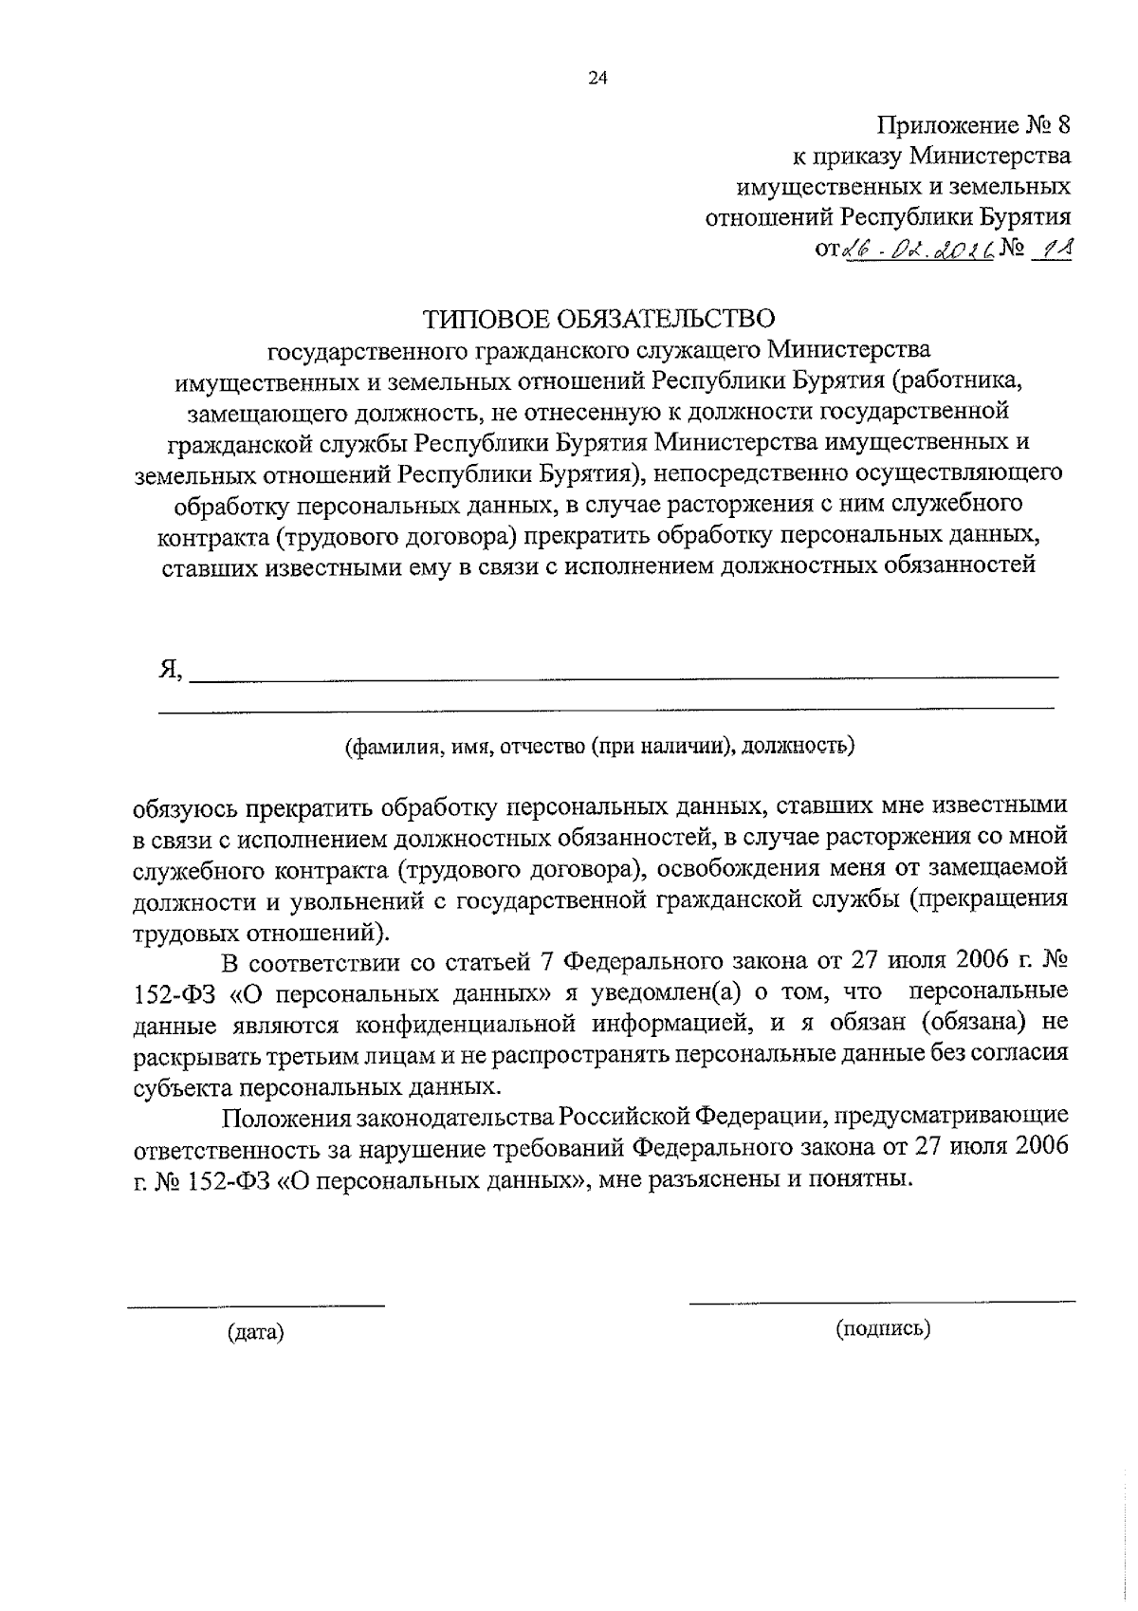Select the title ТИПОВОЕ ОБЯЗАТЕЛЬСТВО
[x=599, y=318]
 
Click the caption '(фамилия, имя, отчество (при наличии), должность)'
[x=599, y=745]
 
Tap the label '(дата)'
[x=256, y=1333]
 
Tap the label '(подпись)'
[x=883, y=1329]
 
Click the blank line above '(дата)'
[x=256, y=1306]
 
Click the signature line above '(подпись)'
[x=882, y=1301]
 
